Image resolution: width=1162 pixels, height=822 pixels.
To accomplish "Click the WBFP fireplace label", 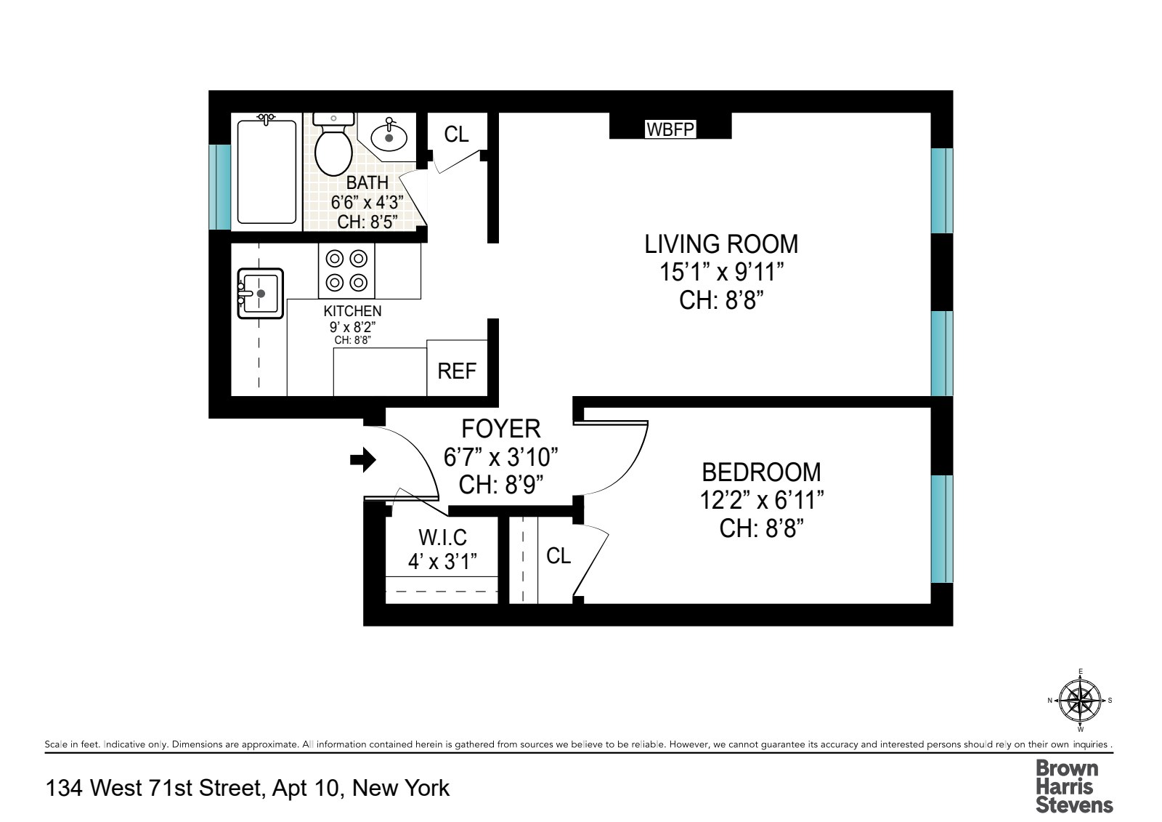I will tap(670, 129).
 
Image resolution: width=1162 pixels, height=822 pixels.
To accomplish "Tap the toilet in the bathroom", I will tap(333, 145).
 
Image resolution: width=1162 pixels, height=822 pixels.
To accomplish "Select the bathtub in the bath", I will tap(267, 172).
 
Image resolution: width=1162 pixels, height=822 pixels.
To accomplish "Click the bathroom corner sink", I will tap(389, 136).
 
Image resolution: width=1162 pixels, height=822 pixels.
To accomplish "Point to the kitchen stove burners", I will tap(346, 270).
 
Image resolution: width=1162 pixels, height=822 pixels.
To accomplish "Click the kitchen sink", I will tap(260, 294).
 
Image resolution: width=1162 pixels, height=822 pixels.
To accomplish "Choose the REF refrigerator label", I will tap(457, 371).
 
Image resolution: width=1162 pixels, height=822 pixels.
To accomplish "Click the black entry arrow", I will tap(363, 459).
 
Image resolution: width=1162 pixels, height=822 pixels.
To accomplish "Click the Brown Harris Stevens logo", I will tap(1073, 786).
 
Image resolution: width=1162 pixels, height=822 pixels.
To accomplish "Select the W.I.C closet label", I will tap(442, 538).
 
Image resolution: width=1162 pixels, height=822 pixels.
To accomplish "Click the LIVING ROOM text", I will tap(721, 244).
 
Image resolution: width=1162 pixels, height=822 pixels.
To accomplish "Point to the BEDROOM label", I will tap(761, 472).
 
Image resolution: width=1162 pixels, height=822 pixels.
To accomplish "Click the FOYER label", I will tap(501, 429).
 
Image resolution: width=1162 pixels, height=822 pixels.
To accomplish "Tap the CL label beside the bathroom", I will tap(456, 134).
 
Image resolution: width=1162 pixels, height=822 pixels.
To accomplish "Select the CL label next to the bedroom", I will tap(558, 556).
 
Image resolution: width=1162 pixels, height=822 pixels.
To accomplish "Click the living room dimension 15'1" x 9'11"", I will tap(721, 273).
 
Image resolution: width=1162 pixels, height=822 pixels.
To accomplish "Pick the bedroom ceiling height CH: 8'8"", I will tap(761, 528).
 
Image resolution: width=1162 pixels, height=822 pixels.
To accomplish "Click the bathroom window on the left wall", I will tap(219, 186).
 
